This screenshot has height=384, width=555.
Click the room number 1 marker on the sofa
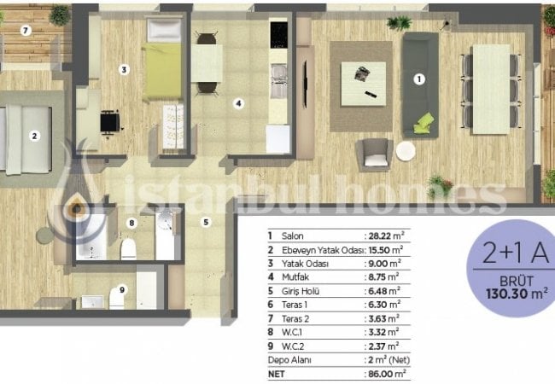tap(419, 80)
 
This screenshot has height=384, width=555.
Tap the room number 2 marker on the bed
tap(35, 135)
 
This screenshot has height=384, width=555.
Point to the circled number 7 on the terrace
tap(26, 31)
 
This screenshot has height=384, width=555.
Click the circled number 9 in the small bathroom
tap(122, 289)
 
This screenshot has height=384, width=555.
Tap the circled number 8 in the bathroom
tap(131, 224)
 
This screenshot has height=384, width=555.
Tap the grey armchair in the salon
tap(376, 154)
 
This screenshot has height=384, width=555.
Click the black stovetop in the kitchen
tap(278, 34)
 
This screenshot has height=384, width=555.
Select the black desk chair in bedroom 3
tap(108, 124)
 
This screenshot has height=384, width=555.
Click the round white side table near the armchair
tap(406, 151)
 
